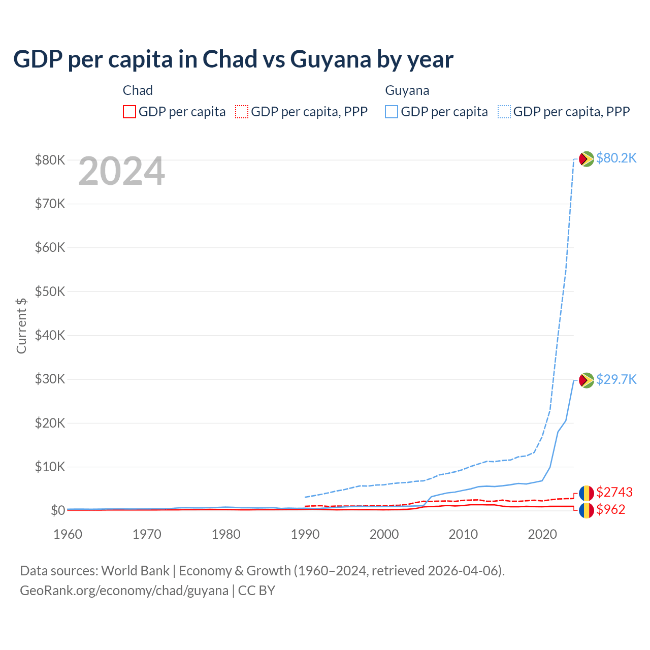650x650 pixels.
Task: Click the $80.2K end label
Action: coord(616,158)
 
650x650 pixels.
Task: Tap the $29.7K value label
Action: coord(616,379)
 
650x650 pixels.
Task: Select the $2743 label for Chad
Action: coord(614,492)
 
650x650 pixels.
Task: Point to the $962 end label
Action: coord(610,509)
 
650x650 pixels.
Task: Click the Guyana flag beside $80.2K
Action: coord(587,159)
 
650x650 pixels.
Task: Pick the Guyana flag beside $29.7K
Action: coord(587,380)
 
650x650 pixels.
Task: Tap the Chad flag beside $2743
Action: coord(587,493)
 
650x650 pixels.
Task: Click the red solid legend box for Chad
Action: coord(129,112)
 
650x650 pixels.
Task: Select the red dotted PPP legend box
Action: coord(242,112)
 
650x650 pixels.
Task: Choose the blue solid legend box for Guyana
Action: coord(392,112)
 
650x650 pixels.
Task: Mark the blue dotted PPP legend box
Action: coord(504,112)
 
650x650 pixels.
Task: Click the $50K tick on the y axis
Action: coord(50,291)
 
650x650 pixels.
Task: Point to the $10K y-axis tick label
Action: coord(50,467)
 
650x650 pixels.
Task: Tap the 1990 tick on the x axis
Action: coord(305,534)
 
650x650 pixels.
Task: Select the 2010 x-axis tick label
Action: coord(463,534)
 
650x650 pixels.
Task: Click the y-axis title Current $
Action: coord(21,326)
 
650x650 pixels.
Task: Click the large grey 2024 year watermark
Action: coord(121,171)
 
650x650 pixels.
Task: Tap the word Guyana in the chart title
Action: coord(331,59)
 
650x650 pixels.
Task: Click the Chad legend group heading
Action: coord(138,90)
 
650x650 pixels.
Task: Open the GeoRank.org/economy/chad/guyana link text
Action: coord(124,591)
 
